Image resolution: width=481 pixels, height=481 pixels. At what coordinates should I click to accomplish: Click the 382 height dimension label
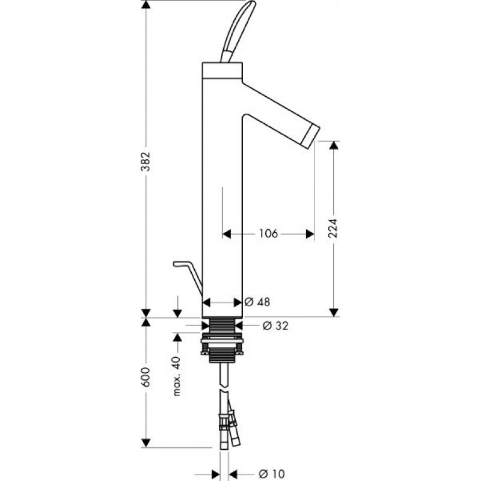pos(146,162)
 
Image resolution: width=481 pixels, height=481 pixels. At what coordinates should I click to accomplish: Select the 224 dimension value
pos(333,228)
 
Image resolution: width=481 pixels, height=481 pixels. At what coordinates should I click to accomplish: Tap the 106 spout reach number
pos(268,234)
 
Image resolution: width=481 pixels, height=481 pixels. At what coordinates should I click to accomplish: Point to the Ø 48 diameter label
pos(258,302)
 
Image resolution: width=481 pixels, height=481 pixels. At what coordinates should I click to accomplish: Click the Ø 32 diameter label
pos(275,326)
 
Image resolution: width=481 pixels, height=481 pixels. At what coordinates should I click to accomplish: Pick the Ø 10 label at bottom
pos(272,474)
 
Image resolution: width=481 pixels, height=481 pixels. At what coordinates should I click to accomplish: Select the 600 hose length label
pos(146,377)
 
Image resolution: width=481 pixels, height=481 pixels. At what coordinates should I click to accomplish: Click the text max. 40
pos(177,376)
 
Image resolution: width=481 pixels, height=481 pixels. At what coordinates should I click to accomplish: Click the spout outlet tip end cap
pos(311,137)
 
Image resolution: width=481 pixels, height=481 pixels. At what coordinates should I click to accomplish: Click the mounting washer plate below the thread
pos(222,340)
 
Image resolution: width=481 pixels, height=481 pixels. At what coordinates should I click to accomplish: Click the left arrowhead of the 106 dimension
pos(227,234)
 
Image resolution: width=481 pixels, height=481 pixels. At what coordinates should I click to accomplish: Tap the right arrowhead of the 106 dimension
pos(310,234)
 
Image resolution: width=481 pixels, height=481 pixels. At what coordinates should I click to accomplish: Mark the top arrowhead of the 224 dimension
pos(334,146)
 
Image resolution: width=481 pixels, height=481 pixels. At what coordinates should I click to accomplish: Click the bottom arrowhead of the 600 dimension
pos(146,443)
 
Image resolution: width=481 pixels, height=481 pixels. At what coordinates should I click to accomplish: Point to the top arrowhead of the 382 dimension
pos(146,5)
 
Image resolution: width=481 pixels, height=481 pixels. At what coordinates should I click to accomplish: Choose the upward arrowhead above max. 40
pos(177,337)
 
